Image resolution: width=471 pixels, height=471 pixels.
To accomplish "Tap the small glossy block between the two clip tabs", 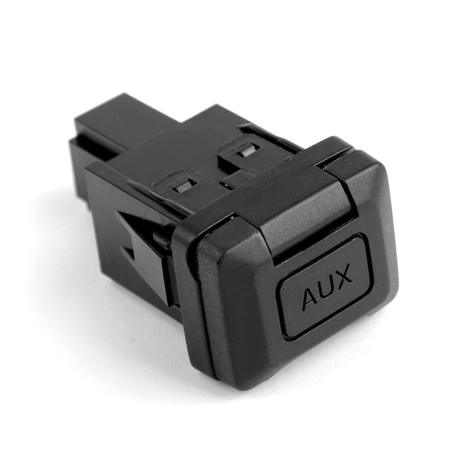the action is point(232,180).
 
